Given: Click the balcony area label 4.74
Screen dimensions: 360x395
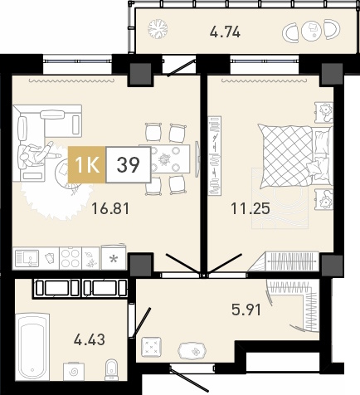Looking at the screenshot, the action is [x=225, y=32].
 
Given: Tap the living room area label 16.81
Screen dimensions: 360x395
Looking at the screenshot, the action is [x=110, y=208].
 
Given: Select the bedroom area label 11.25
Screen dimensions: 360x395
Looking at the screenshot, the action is [x=251, y=208].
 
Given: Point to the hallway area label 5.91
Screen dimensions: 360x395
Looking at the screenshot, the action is [x=246, y=310].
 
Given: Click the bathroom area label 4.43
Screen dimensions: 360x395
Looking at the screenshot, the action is [x=90, y=339].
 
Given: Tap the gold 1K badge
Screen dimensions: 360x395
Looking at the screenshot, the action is [x=87, y=165].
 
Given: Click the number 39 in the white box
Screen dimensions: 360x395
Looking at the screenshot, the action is [x=128, y=165].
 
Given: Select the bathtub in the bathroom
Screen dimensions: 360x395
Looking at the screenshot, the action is [x=32, y=346].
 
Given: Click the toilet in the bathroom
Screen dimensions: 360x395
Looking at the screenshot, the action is [x=112, y=370].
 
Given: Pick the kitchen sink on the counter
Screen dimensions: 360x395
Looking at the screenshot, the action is [x=27, y=258].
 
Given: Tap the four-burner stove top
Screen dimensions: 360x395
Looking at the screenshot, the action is [x=71, y=258].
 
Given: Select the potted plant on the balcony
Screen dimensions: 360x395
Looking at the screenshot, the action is [x=158, y=28].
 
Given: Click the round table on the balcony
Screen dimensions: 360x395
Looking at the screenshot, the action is [x=312, y=30].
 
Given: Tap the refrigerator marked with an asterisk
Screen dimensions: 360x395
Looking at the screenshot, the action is [x=114, y=257].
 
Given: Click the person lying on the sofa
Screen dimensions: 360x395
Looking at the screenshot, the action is [x=36, y=154].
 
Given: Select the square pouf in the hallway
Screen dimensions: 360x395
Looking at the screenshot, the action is [x=151, y=347].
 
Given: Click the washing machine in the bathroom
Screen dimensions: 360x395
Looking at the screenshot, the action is [x=74, y=372].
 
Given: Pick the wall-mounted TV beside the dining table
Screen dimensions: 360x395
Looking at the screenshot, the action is [x=197, y=158].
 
